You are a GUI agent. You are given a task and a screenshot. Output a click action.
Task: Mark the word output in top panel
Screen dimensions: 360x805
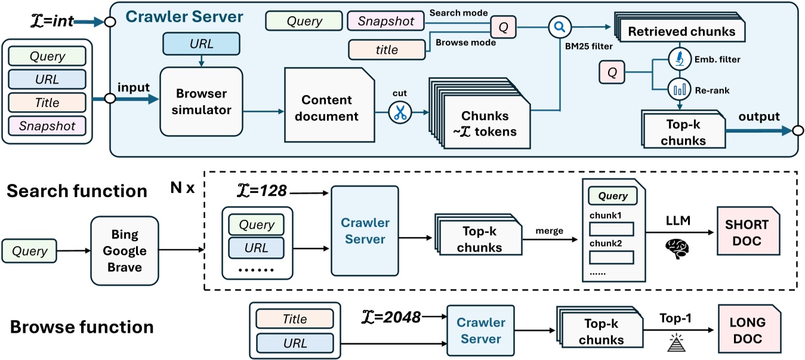point(760,116)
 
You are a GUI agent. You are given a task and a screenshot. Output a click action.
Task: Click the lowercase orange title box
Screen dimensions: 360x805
point(387,50)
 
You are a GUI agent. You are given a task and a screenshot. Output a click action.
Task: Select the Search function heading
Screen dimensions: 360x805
point(77,191)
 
